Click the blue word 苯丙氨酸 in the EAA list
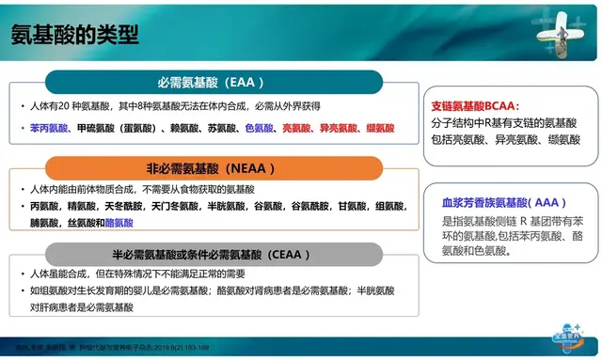tap(47, 127)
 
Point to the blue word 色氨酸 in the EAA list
tap(259, 127)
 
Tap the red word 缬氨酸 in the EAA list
tap(380, 127)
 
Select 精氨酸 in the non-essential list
tap(84, 207)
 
